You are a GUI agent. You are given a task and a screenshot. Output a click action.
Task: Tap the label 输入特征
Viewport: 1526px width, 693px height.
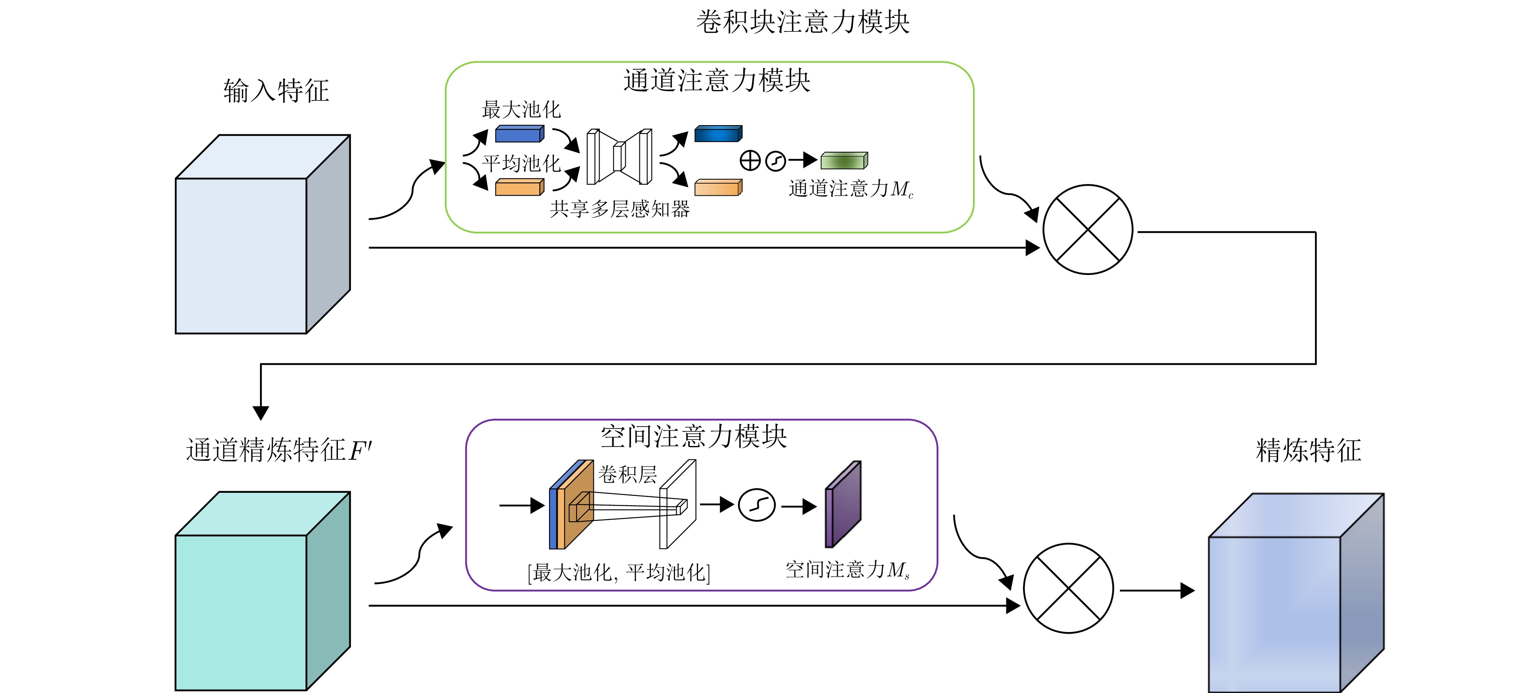click(276, 91)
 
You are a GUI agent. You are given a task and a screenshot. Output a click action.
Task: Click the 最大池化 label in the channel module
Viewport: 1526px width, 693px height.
click(521, 109)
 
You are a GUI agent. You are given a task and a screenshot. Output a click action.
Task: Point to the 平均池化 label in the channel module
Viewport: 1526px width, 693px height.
click(521, 163)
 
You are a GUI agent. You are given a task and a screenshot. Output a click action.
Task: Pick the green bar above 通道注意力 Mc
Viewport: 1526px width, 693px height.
click(844, 161)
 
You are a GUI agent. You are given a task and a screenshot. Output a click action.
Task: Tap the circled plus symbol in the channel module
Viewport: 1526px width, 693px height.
click(750, 161)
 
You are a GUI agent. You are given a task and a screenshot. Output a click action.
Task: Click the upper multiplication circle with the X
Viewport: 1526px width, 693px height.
click(1088, 230)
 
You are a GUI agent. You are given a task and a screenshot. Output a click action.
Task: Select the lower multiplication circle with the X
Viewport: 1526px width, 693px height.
click(1068, 588)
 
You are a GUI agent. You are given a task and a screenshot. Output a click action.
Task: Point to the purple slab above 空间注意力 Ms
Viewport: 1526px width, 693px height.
click(843, 505)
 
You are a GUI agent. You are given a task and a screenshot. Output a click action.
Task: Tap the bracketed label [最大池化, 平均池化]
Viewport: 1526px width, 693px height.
click(618, 573)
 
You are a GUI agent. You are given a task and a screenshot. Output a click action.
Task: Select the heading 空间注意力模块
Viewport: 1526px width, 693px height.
click(693, 437)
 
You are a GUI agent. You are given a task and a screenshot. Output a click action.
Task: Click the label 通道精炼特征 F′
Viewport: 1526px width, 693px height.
click(279, 450)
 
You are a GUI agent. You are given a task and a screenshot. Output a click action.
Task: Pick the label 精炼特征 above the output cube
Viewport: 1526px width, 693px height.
click(1308, 450)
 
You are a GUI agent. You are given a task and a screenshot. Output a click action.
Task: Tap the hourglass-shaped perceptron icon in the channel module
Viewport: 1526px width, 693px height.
click(619, 157)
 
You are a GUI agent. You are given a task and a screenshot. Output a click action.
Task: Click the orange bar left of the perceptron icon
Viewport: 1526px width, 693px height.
click(519, 188)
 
